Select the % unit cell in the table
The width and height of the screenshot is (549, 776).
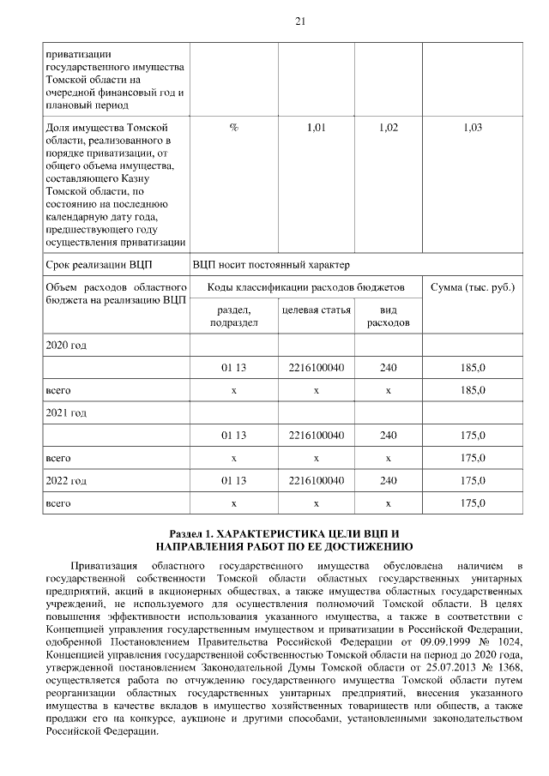point(233,128)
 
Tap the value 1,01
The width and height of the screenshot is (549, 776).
point(317,128)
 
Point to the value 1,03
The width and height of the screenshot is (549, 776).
point(473,128)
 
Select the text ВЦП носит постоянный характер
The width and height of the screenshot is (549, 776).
point(271,265)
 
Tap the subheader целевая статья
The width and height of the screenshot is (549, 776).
point(317,310)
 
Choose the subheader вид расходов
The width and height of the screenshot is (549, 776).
point(388,316)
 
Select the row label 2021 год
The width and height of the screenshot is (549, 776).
point(66,412)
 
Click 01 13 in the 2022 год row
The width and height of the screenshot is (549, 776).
point(233,480)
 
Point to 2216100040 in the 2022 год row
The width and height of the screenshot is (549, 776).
point(317,480)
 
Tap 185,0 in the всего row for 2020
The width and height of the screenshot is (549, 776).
point(473,390)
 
